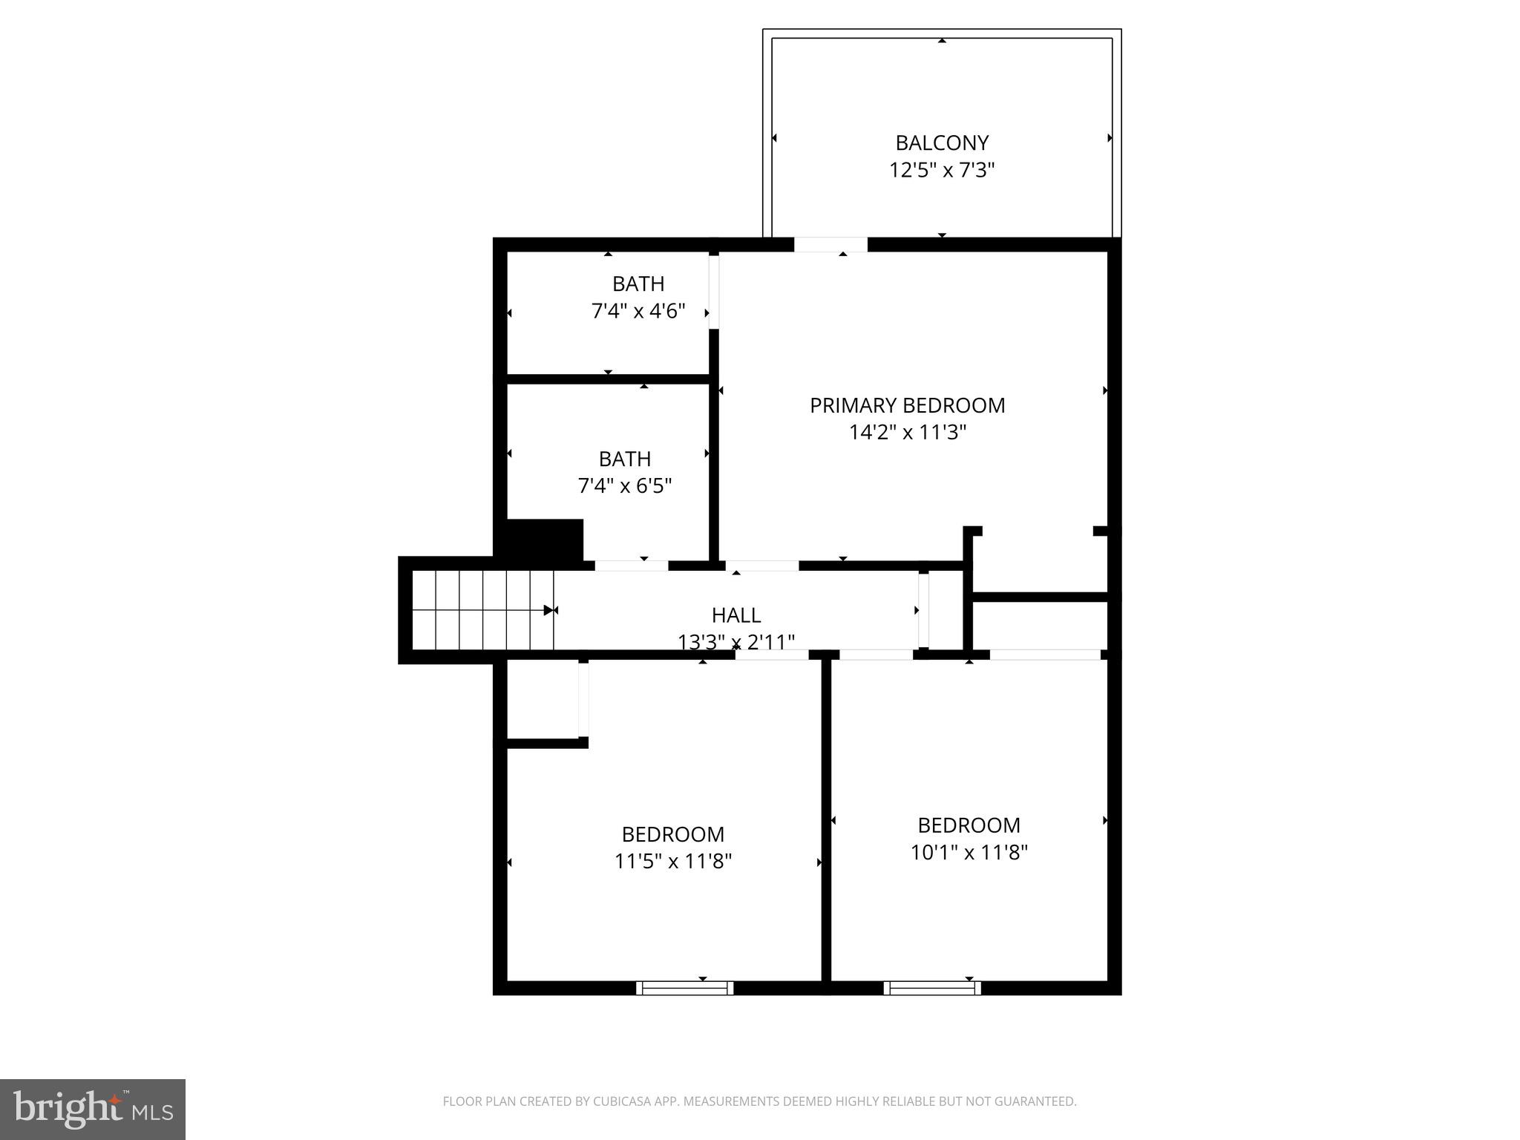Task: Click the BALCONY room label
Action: (941, 142)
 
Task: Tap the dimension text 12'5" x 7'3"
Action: (941, 171)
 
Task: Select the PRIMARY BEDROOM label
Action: (907, 405)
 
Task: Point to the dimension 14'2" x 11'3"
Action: (907, 432)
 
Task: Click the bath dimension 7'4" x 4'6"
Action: (638, 311)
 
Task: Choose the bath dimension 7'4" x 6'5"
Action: (624, 486)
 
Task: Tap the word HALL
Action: (736, 615)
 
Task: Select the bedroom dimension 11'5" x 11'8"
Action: (672, 862)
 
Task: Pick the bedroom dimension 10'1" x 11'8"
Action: (969, 853)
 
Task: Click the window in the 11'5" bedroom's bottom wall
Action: (684, 988)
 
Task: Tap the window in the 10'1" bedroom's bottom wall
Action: (932, 988)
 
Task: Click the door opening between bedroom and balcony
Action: (831, 245)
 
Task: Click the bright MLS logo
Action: (93, 1109)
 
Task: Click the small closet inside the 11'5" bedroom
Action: (542, 699)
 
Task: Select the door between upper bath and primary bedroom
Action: (713, 292)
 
